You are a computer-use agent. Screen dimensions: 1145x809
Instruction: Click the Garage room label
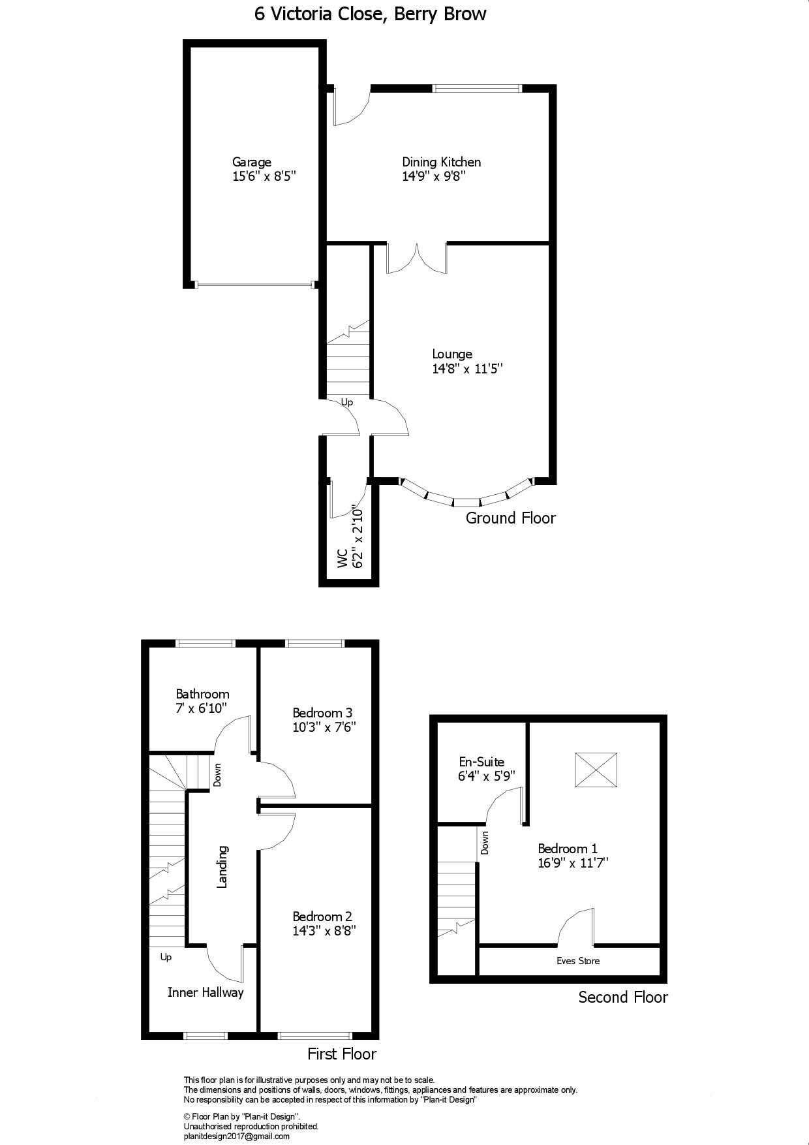(x=251, y=162)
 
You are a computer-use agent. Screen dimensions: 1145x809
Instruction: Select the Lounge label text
(x=452, y=354)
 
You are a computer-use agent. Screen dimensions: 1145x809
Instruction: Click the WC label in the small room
(x=341, y=558)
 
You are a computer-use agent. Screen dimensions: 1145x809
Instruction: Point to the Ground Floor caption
(x=510, y=518)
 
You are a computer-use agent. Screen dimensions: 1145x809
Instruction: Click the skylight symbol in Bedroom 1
(x=596, y=770)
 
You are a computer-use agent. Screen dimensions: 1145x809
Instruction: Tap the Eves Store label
(x=577, y=961)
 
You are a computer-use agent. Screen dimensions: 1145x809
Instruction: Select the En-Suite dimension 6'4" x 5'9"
(x=486, y=776)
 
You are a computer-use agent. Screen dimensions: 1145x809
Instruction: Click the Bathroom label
(x=202, y=694)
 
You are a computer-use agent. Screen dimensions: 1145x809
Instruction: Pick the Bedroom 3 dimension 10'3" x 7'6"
(x=324, y=727)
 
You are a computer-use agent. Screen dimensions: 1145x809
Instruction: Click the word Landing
(x=222, y=867)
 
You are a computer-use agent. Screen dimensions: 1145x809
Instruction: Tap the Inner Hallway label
(x=206, y=992)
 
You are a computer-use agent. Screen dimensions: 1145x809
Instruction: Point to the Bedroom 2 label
(x=322, y=917)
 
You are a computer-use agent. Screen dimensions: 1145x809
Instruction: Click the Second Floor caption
(x=623, y=997)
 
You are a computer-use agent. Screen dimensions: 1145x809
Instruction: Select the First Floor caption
(x=342, y=1054)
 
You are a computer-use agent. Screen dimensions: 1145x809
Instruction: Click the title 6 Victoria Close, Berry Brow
(x=370, y=14)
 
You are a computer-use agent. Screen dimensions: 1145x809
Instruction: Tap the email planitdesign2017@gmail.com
(x=236, y=1137)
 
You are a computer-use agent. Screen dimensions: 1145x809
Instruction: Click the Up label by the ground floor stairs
(x=347, y=402)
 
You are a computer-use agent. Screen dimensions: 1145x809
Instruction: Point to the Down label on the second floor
(x=485, y=843)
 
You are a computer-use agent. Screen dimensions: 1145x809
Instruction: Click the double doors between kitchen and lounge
(x=417, y=258)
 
